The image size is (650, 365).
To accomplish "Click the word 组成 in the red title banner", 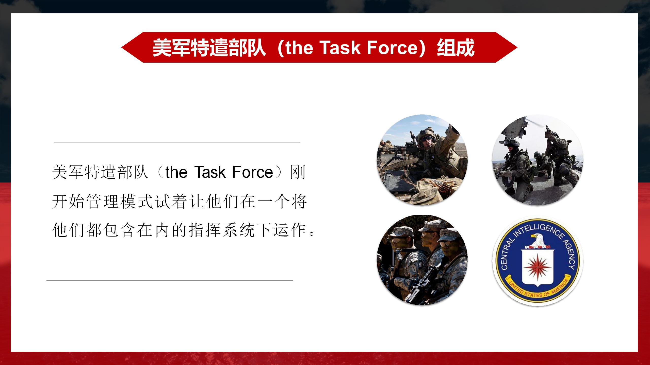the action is tap(456, 47).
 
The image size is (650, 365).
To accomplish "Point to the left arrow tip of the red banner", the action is tap(122, 47).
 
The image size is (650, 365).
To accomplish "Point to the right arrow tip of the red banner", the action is tap(517, 47).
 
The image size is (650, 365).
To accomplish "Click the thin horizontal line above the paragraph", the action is tap(177, 142).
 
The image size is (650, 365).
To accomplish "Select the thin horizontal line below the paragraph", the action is tap(170, 280).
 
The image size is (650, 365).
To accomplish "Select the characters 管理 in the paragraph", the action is tap(102, 202).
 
